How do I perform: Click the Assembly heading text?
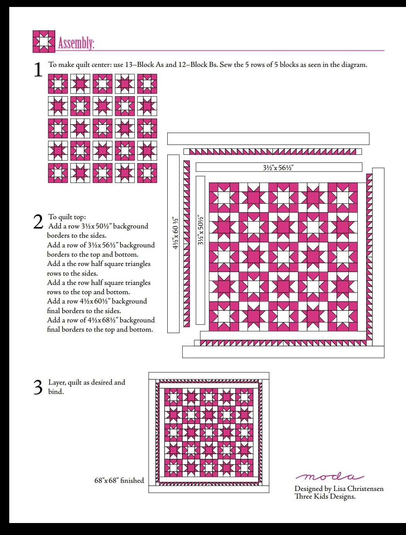76,43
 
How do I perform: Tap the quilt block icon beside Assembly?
44,41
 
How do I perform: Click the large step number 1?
38,70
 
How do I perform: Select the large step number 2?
38,222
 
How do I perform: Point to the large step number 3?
38,387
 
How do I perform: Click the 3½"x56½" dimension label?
278,167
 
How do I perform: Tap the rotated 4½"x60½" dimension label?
175,233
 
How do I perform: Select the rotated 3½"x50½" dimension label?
200,230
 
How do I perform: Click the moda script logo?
330,477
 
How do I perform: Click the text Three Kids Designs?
325,496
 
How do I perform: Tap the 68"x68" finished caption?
119,480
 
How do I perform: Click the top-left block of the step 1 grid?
58,84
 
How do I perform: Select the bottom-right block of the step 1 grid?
147,173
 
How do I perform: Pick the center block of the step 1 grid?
102,128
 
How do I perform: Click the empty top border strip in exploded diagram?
268,138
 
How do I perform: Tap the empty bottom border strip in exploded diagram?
283,352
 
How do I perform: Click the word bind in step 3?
56,392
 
